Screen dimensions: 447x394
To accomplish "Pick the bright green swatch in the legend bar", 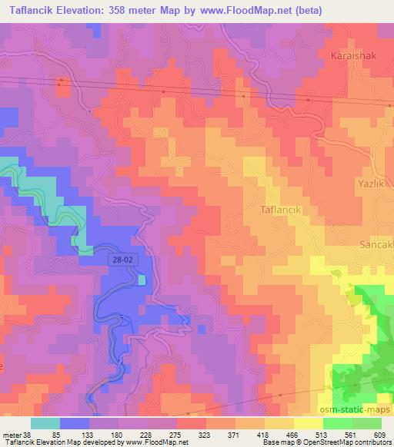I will pyautogui.click(x=338, y=423).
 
